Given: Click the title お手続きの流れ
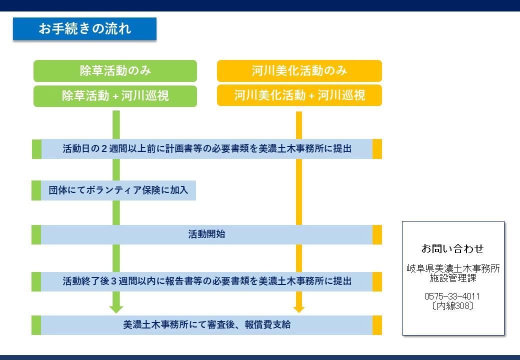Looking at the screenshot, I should pos(84,29).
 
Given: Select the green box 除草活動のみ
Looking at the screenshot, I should pos(115,71).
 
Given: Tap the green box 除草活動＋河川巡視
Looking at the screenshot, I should pos(115,95).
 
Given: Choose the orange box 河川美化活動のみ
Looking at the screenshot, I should pos(299,71).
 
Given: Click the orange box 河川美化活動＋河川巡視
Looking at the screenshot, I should pos(299,95).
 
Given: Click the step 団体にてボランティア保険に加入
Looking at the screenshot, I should pos(118,190).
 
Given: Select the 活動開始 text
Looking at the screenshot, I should pos(206,234).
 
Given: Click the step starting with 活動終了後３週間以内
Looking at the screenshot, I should pos(206,281).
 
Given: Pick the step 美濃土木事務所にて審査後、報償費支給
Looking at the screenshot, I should pos(206,325).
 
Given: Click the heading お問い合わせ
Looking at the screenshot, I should pos(453,248).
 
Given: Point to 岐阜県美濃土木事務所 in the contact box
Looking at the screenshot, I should pos(453,268).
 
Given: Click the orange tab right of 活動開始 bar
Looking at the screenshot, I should pos(377,234).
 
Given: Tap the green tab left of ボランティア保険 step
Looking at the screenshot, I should pos(36,190).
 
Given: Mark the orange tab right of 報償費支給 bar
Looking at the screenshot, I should pos(377,325).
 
